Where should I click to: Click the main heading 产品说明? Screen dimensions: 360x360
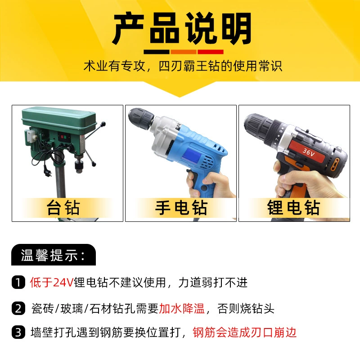(182, 29)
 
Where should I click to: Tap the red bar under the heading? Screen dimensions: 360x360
(210, 52)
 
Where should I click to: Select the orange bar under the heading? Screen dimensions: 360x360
(183, 52)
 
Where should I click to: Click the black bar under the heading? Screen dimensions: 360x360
(156, 52)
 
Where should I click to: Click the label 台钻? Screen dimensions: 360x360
(63, 207)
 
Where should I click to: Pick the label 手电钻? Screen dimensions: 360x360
(181, 207)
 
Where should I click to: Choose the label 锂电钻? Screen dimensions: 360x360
(293, 207)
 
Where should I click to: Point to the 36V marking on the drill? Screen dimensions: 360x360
(308, 152)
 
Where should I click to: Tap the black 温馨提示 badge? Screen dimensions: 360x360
(54, 255)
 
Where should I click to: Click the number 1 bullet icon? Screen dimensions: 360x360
(18, 282)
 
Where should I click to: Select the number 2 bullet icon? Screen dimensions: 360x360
(18, 308)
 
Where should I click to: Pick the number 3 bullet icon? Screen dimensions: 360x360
(18, 332)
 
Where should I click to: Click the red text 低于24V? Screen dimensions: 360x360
(51, 282)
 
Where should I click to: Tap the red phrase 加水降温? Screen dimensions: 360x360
(182, 308)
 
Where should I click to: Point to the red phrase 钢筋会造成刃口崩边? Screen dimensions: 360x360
(244, 332)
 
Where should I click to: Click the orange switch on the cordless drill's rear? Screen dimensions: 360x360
(336, 164)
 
